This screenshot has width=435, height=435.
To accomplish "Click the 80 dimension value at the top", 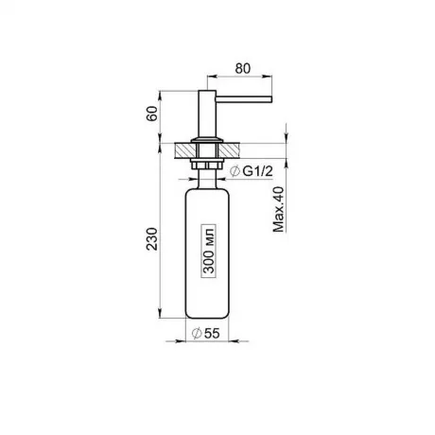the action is [243, 68].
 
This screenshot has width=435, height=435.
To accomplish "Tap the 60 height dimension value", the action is [152, 113].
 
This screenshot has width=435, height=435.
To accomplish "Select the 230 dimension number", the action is [152, 239].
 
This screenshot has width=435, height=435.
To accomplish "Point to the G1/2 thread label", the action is [257, 171].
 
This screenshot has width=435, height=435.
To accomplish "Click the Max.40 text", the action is [279, 210].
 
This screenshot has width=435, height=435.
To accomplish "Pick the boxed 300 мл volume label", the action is [209, 251].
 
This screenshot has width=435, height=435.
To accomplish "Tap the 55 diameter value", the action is [212, 333].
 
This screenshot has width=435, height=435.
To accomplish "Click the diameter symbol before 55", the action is [197, 333].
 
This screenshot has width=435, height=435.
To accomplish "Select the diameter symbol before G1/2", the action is [235, 171].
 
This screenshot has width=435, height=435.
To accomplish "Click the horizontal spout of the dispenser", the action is [244, 99].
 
